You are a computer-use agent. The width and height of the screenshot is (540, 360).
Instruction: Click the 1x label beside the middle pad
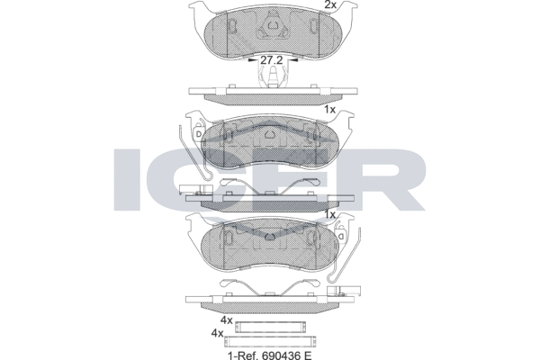tap(329, 109)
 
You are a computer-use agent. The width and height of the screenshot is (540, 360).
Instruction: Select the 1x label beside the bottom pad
tap(329, 215)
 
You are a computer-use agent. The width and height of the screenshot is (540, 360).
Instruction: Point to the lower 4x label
tap(216, 333)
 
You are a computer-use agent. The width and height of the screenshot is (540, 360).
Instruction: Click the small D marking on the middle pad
tap(198, 136)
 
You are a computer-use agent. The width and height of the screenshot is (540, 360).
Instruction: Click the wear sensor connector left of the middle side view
tap(188, 189)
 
